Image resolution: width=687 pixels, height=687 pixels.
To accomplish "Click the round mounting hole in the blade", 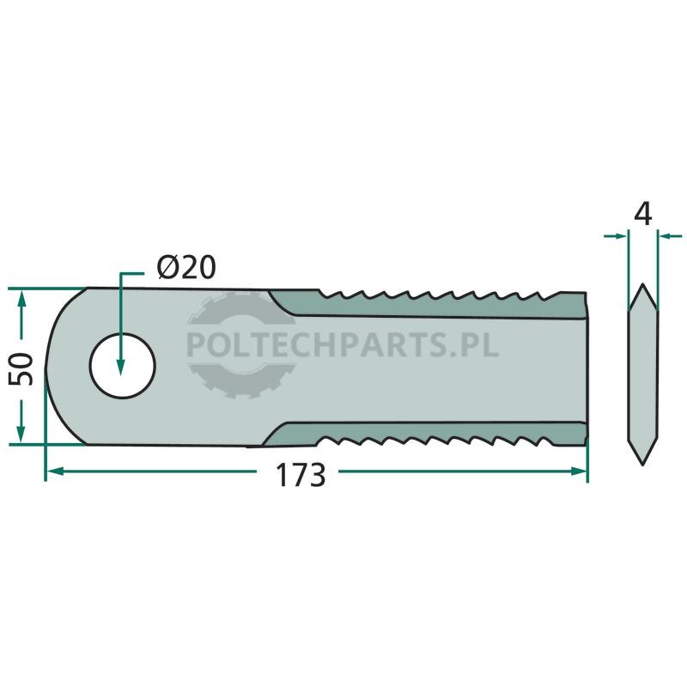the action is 123,366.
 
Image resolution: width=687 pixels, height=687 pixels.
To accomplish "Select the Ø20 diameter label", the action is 186,267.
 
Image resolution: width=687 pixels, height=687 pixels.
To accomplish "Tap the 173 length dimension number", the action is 300,475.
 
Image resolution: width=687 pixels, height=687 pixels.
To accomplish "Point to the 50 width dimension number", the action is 21,369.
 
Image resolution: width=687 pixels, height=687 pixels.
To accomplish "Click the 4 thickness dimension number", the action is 642,214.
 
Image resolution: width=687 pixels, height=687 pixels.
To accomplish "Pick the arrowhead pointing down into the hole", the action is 120,368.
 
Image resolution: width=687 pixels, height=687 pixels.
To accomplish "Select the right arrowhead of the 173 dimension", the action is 578,471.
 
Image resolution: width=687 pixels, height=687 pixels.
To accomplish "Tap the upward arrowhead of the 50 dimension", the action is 21,299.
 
